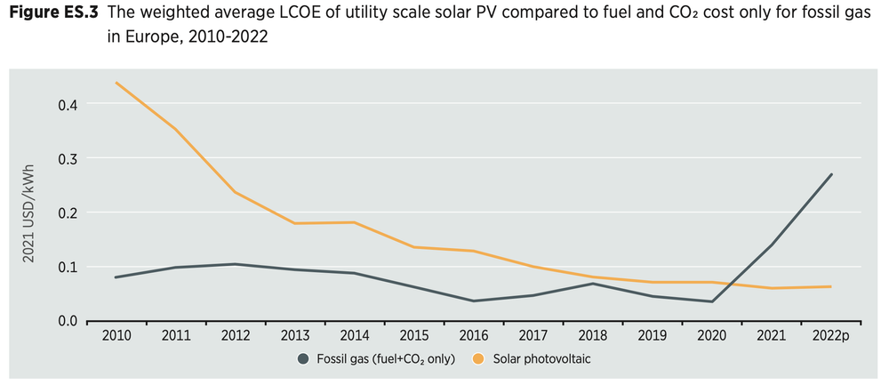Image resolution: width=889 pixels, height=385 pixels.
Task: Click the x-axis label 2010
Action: [x=116, y=336]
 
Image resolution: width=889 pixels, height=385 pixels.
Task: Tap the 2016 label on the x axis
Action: [x=474, y=336]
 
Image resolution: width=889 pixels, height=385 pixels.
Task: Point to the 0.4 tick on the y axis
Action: [x=68, y=105]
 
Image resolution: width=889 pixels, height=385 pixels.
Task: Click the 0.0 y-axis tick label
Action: [x=68, y=321]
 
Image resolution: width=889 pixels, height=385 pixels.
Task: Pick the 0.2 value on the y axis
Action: [x=68, y=213]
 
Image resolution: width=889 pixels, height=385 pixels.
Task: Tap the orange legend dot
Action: [x=479, y=358]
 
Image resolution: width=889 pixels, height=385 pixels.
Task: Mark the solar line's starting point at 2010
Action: [x=116, y=84]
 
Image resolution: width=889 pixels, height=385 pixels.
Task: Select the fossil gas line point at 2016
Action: [x=474, y=301]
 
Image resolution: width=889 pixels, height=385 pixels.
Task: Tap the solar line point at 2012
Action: [x=236, y=192]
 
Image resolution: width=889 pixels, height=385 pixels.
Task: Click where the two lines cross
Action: [x=725, y=284]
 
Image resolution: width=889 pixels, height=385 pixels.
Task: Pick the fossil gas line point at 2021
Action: [x=772, y=245]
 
